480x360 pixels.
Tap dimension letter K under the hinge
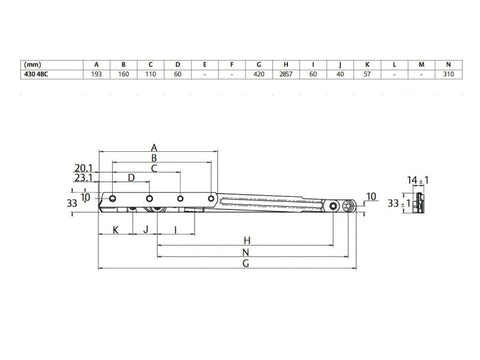tap(116, 229)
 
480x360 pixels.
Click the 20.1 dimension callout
tap(82, 168)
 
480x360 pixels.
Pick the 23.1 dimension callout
tap(82, 179)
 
